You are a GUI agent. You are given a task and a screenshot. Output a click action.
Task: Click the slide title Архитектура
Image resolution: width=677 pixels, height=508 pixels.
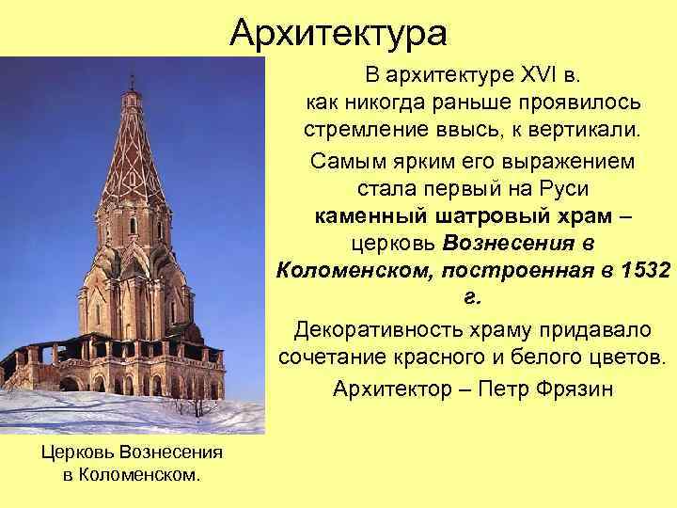point(338,34)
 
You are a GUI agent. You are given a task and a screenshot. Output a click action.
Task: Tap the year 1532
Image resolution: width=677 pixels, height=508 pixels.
point(647,271)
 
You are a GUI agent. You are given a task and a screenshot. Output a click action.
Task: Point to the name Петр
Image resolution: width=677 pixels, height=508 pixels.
point(498,389)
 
